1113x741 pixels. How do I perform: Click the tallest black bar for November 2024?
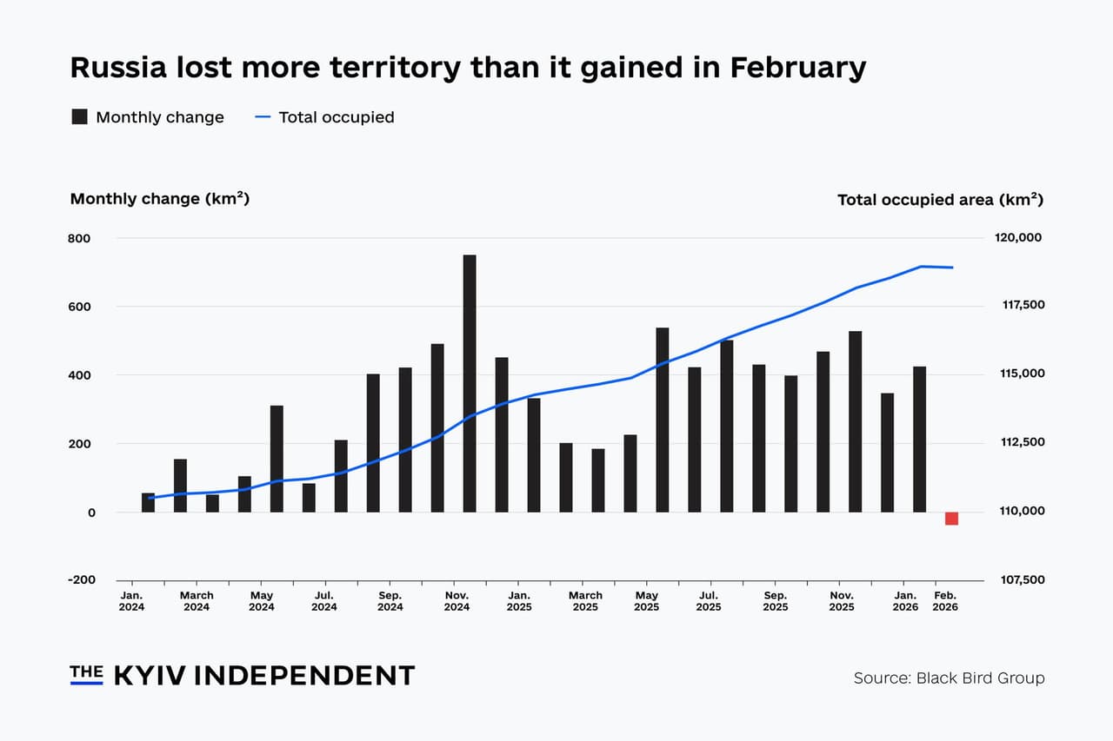[470, 383]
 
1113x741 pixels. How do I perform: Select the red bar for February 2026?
[951, 519]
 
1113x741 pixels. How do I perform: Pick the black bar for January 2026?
[919, 439]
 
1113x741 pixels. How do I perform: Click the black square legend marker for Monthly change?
[79, 117]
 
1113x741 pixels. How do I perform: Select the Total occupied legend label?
[336, 117]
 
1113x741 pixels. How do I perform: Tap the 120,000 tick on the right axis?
[1018, 238]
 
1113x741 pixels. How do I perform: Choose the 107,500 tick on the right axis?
[1018, 580]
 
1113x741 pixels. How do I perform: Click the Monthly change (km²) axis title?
[160, 199]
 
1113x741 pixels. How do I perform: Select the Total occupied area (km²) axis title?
[939, 200]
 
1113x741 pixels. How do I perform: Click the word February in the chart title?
[797, 68]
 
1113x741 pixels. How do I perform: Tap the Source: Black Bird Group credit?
[949, 678]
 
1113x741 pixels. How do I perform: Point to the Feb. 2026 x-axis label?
[945, 601]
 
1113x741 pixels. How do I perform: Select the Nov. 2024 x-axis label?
[457, 601]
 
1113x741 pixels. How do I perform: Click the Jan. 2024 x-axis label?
[132, 601]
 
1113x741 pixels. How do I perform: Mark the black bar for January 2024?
[148, 502]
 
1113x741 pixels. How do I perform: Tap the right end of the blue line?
[952, 268]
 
